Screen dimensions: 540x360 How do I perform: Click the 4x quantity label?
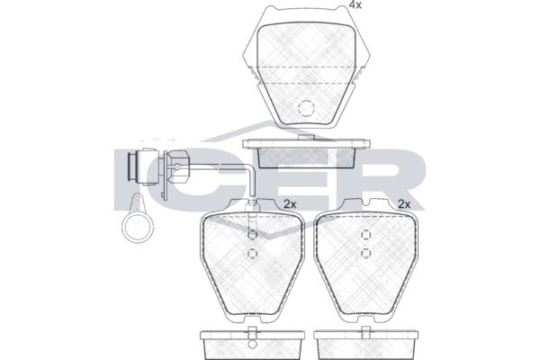coord(355,4)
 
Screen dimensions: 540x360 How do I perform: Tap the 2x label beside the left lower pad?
coord(290,204)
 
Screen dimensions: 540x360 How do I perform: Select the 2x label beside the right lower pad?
coord(404,204)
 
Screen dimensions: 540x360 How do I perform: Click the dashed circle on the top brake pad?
coord(306,108)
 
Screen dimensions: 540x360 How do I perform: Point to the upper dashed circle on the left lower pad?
coord(252,235)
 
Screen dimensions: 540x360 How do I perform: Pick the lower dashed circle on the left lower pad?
coord(252,254)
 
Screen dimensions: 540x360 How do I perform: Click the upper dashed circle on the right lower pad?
coord(365,235)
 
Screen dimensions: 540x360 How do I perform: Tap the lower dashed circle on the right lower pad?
coord(365,254)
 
